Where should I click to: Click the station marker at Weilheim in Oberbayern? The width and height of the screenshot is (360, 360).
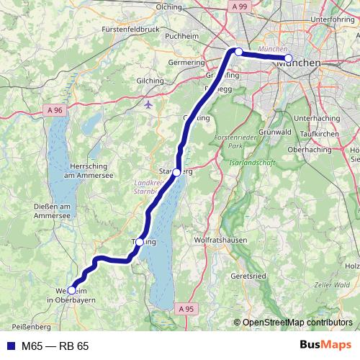tap(71, 290)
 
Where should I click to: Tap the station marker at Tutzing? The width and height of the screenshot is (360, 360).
tap(140, 242)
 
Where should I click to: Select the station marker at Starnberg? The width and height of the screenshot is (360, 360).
tap(176, 172)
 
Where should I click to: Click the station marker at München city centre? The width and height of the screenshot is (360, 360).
tap(288, 58)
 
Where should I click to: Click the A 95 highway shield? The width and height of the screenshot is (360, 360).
tap(185, 308)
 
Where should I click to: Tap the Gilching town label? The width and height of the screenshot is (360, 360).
tap(150, 81)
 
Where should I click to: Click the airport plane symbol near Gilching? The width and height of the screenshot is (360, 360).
tap(148, 104)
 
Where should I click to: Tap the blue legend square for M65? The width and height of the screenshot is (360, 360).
tap(9, 346)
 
